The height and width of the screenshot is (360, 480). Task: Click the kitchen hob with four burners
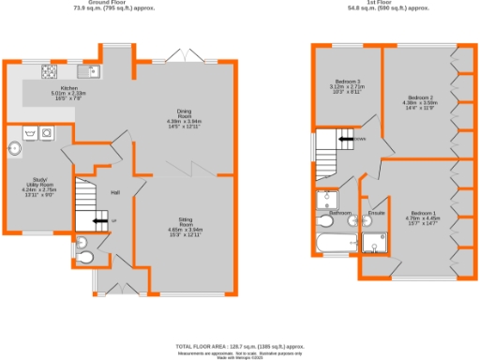pos(46,71)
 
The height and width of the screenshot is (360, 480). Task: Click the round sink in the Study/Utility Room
pos(15,147)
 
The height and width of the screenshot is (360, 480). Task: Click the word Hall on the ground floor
pos(115,192)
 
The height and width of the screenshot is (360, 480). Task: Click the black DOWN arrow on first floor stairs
pos(346,140)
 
